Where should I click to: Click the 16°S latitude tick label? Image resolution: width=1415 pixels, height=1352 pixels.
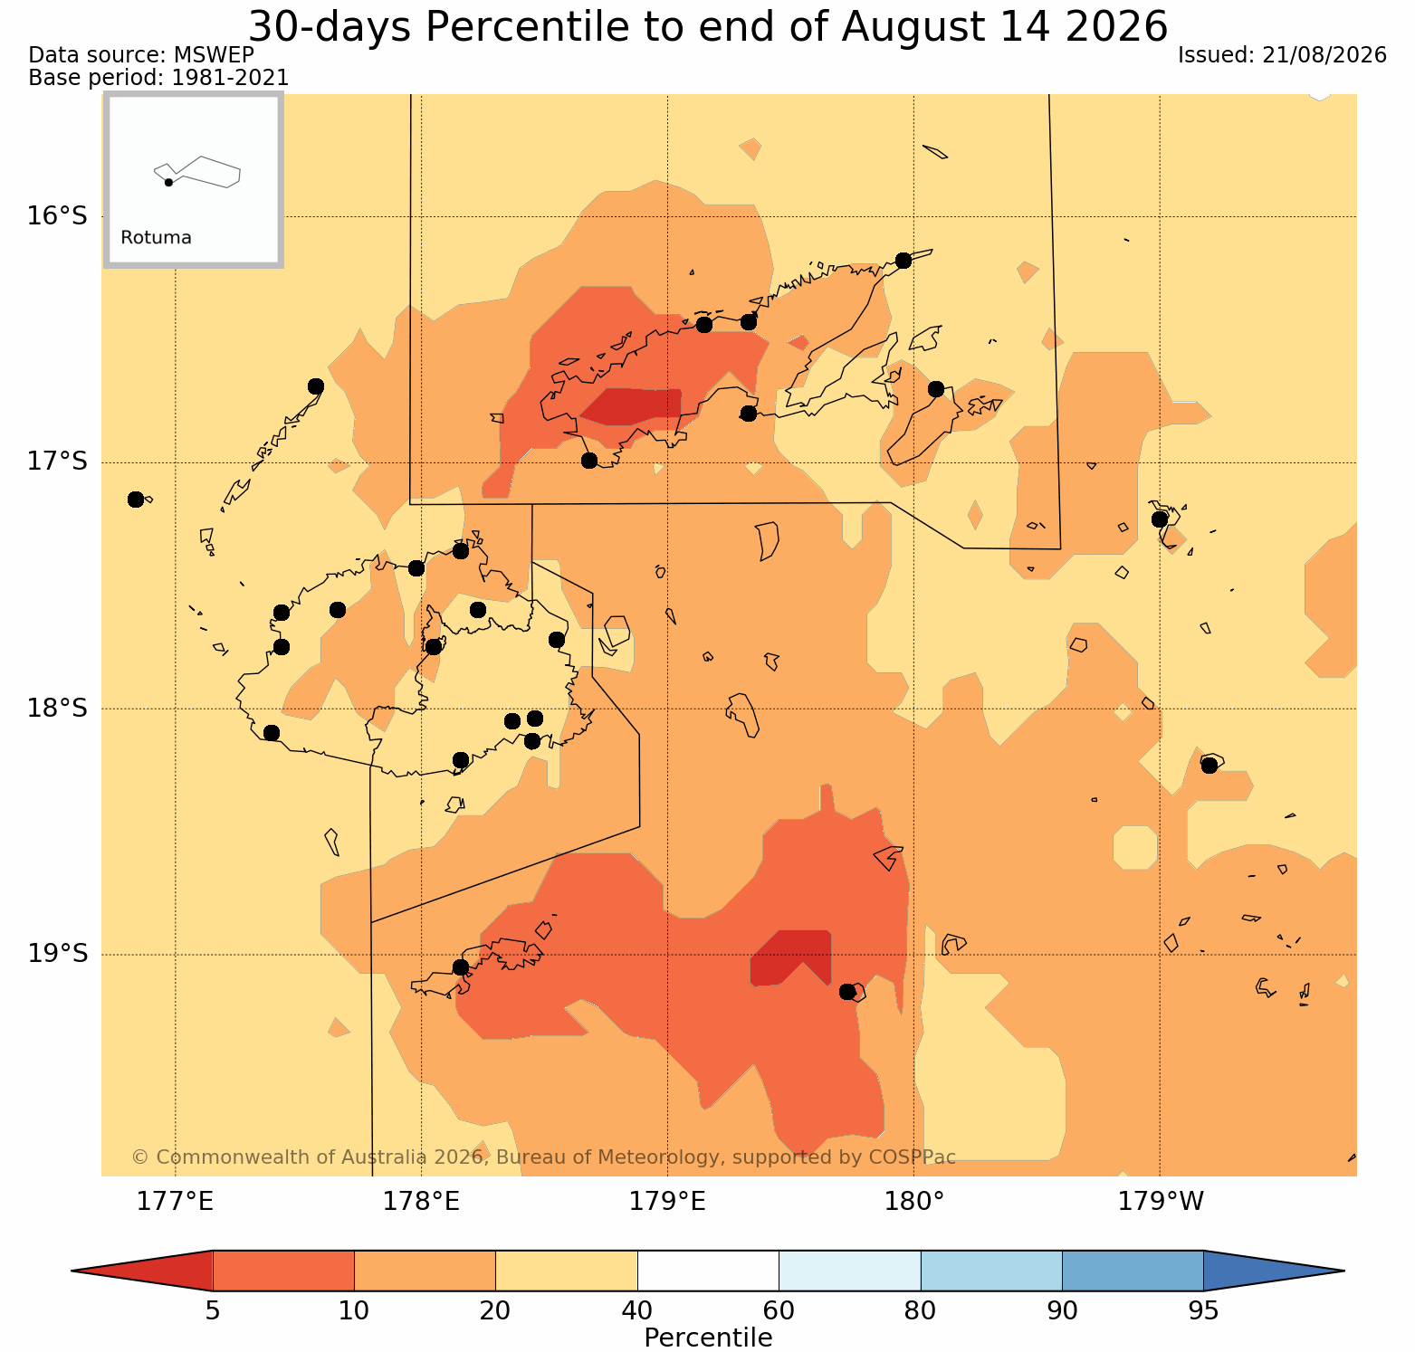57,216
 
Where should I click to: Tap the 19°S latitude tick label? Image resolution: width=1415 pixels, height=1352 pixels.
57,954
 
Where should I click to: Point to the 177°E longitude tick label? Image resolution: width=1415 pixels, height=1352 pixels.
175,1202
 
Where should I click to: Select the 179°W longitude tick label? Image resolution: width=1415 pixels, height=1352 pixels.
1161,1202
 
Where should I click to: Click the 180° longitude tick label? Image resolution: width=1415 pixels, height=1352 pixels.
914,1202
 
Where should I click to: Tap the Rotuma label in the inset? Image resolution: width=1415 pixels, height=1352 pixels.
156,238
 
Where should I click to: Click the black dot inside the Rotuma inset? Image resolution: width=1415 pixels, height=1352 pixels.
168,182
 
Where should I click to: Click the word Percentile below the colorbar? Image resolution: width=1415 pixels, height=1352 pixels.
708,1338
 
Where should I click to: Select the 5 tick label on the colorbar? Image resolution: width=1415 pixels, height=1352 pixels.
213,1310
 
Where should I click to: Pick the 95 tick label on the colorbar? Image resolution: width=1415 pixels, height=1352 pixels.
1203,1310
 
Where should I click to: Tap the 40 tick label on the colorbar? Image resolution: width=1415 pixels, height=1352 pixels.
637,1310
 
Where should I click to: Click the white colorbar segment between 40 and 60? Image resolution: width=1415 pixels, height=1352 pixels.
708,1271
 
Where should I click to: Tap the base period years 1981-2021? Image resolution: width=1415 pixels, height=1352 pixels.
230,78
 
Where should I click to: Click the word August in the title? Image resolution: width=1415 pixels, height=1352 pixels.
897,27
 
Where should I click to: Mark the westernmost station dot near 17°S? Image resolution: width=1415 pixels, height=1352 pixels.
136,500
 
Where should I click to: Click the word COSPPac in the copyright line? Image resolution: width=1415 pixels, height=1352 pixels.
913,1157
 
